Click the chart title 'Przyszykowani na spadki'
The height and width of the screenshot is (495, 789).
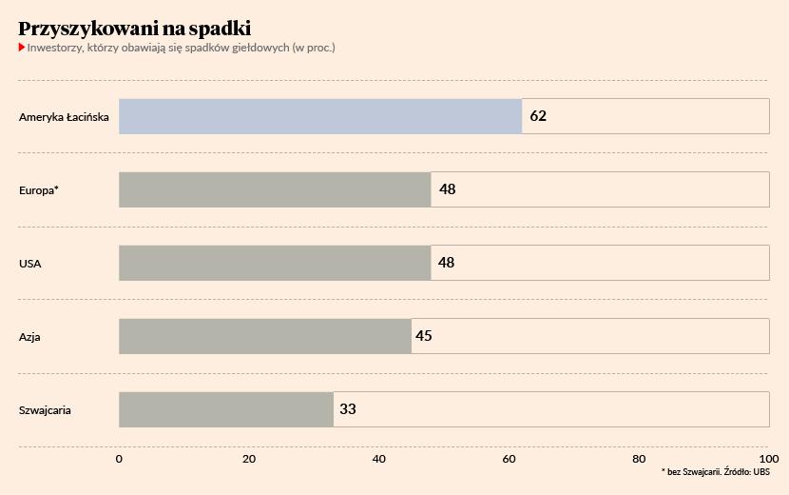click(x=134, y=29)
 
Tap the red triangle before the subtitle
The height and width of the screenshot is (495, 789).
click(x=22, y=47)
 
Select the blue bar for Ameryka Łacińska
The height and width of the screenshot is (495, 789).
click(x=320, y=116)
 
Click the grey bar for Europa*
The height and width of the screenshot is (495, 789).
click(x=275, y=189)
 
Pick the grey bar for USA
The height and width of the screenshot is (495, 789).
click(x=275, y=263)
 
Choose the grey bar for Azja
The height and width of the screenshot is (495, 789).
click(x=265, y=336)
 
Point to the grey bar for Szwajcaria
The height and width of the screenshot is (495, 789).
click(x=226, y=409)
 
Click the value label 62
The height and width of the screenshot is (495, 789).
click(x=538, y=116)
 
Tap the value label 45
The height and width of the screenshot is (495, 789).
click(x=423, y=336)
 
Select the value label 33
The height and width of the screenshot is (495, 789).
click(x=347, y=409)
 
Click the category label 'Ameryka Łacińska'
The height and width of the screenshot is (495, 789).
click(x=64, y=117)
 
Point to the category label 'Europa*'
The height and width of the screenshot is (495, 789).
click(x=39, y=190)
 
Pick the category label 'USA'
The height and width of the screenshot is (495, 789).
click(x=30, y=264)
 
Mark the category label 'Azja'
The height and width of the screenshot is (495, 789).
click(x=29, y=337)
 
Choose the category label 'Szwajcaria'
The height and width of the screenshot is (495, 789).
click(x=45, y=410)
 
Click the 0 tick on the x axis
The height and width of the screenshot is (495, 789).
click(x=119, y=459)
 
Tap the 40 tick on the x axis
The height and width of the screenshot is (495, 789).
click(x=379, y=459)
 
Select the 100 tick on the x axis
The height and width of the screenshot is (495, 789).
click(x=768, y=459)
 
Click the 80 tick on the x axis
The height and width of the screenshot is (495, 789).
click(x=639, y=459)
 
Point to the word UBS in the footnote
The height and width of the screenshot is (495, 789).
click(x=760, y=472)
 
